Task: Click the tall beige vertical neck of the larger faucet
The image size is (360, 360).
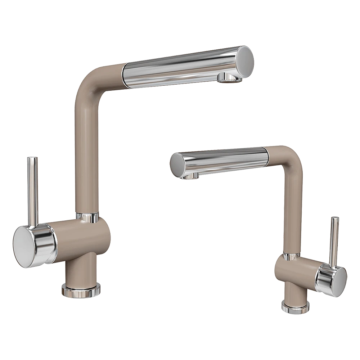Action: (x=87, y=151)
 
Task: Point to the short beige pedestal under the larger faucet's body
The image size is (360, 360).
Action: (x=80, y=270)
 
